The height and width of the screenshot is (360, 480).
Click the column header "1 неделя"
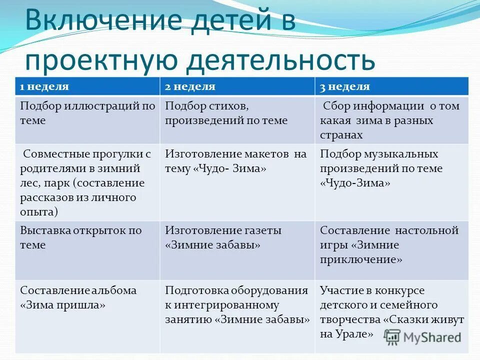[44, 86]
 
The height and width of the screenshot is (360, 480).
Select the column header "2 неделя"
[190, 86]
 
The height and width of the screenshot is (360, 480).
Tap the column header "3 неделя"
[345, 86]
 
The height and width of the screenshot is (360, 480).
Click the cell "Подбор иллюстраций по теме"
[87, 113]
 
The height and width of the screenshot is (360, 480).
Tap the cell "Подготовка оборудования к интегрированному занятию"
[237, 304]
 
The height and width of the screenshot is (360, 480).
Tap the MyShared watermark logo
[423, 337]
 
